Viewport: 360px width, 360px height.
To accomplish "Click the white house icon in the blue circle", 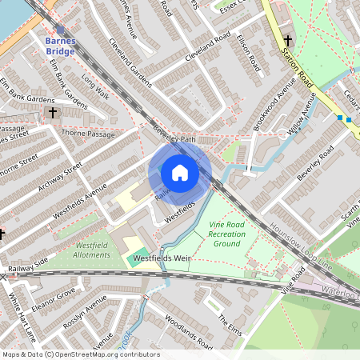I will click(180, 173).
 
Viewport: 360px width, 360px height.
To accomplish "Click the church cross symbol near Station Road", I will click(287, 39).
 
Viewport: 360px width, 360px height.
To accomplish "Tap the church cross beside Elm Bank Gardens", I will click(53, 114).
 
